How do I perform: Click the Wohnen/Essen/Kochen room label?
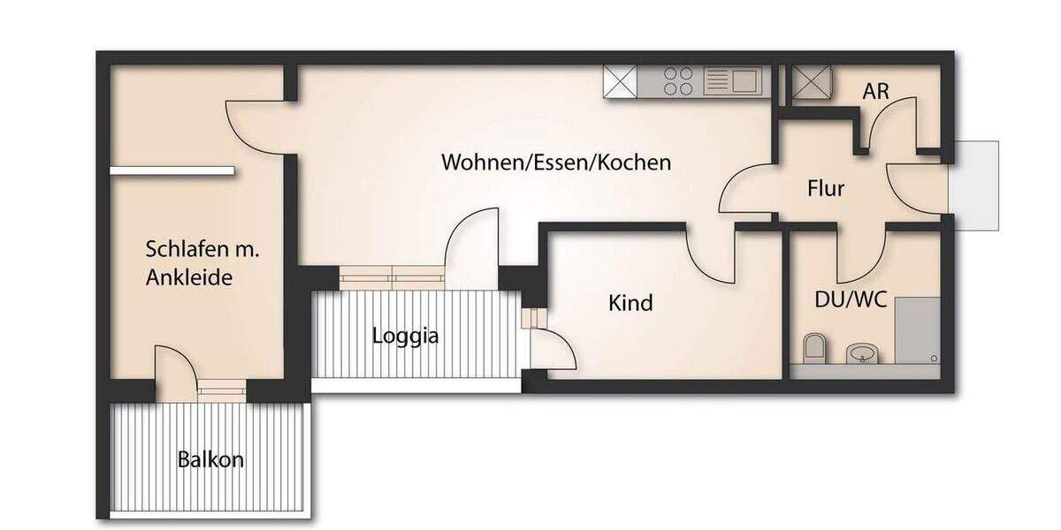[x=556, y=163]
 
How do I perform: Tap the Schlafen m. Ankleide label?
[x=202, y=264]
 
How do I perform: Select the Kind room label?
[x=630, y=303]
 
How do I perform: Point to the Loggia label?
[x=405, y=336]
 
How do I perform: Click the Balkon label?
[x=210, y=460]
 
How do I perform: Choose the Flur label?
[x=826, y=188]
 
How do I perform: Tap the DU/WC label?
[x=844, y=299]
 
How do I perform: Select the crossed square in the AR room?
[x=808, y=81]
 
